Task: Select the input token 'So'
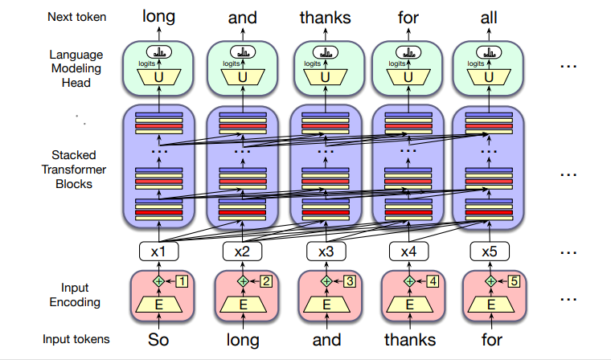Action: (160, 340)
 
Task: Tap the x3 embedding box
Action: (326, 252)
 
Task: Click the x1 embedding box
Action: (160, 252)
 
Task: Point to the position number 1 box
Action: (182, 282)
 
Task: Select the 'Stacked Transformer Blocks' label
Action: (72, 170)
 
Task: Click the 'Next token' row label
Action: (76, 16)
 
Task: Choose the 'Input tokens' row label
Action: (77, 340)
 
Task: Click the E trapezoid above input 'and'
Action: (326, 305)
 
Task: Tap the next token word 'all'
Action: (490, 16)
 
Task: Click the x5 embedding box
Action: (489, 252)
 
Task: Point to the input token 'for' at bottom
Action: (490, 340)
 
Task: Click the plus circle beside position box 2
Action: (243, 282)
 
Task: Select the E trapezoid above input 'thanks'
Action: (408, 305)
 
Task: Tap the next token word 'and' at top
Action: (243, 16)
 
